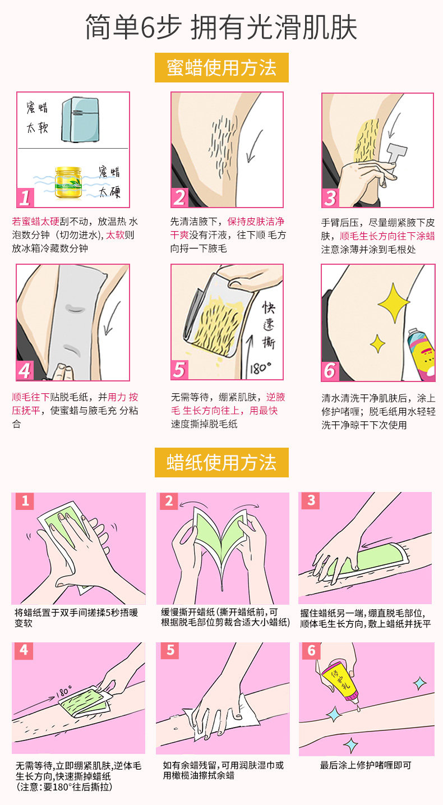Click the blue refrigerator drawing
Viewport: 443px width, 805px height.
(80, 119)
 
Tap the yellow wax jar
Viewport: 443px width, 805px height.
(68, 182)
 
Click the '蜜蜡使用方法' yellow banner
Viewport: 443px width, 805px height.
(221, 67)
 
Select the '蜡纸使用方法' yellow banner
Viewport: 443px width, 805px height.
(221, 462)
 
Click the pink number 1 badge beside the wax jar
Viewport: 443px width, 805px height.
(25, 197)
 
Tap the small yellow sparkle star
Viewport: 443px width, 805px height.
(377, 343)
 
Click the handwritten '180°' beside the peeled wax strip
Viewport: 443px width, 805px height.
(261, 368)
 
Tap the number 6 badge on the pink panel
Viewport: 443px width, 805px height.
(311, 651)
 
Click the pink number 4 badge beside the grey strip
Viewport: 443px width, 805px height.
(25, 370)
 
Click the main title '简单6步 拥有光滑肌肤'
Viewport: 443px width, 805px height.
(221, 27)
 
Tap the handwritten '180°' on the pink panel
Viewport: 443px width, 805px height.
(64, 692)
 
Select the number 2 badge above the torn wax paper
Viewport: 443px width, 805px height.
(169, 501)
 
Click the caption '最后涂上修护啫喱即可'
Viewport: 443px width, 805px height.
(366, 765)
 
